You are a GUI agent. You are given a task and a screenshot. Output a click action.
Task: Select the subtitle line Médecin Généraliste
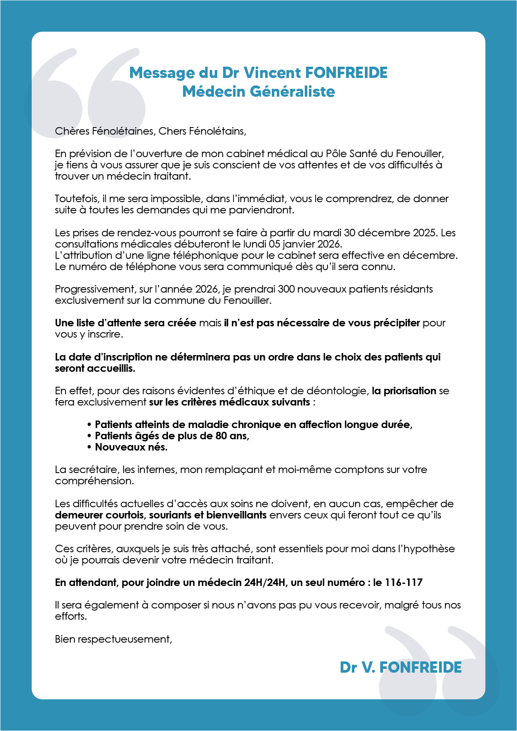click(258, 92)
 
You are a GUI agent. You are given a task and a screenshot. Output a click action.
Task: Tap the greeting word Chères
click(72, 131)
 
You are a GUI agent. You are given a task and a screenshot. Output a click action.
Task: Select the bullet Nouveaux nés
click(131, 447)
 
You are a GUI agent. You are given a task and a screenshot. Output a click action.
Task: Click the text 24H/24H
click(264, 583)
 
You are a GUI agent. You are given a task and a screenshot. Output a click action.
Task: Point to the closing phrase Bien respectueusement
click(113, 639)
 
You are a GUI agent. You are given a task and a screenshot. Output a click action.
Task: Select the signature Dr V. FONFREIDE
click(401, 667)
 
